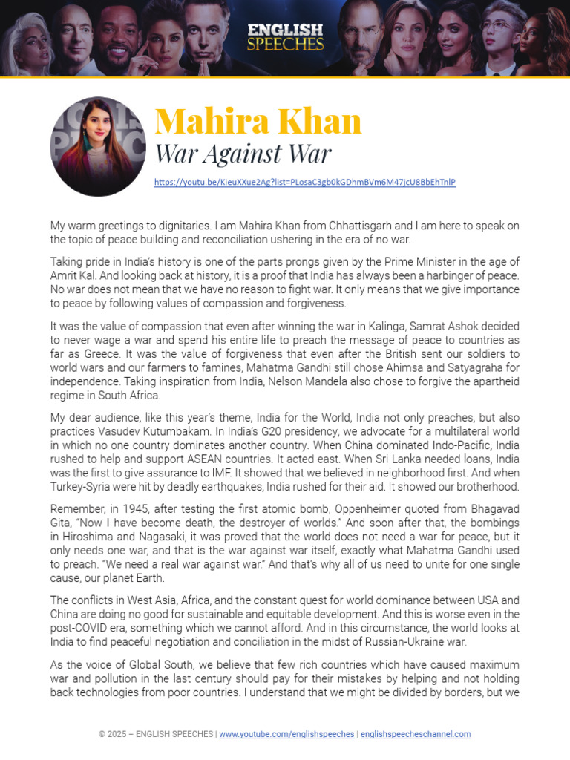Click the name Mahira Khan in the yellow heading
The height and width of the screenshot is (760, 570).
(258, 121)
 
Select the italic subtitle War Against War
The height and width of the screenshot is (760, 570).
(242, 154)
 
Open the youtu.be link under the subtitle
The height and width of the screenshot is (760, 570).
(304, 182)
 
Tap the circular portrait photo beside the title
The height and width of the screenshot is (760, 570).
(98, 146)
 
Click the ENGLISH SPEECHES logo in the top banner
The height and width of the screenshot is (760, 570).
(285, 36)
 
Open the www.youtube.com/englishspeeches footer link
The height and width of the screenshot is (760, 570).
(286, 734)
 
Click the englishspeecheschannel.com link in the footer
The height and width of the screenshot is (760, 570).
(416, 734)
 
